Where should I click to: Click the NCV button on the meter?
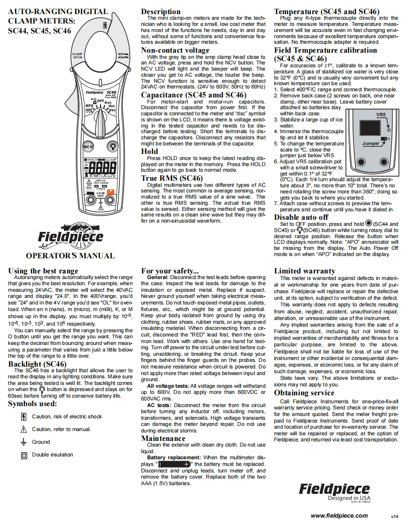[x=88, y=146]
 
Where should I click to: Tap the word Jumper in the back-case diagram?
[x=370, y=143]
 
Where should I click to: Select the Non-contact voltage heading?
[x=175, y=50]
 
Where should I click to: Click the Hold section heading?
[x=150, y=151]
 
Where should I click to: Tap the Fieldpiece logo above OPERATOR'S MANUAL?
[x=70, y=235]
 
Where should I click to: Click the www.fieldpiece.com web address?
[x=339, y=515]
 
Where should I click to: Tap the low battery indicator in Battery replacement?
[x=172, y=464]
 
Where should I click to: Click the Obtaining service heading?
[x=304, y=392]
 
